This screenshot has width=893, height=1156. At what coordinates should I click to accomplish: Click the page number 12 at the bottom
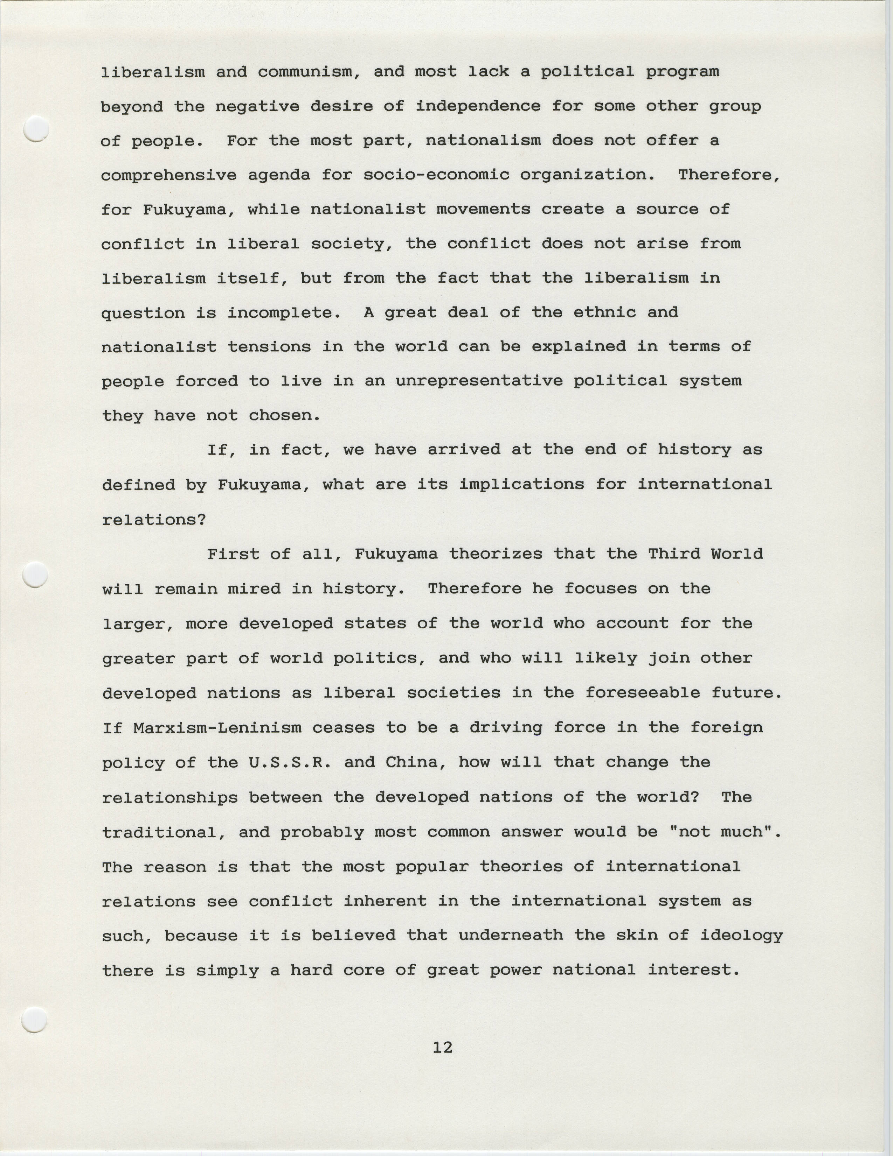click(x=442, y=1048)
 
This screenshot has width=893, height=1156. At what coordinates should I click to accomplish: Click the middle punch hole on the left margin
click(x=36, y=574)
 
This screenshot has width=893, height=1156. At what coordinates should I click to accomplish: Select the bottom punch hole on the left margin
click(x=35, y=1020)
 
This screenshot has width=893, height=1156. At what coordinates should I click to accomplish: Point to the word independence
click(x=478, y=106)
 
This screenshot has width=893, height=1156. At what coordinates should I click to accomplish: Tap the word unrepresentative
click(x=479, y=381)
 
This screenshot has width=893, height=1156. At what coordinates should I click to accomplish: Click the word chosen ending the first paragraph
click(x=284, y=416)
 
